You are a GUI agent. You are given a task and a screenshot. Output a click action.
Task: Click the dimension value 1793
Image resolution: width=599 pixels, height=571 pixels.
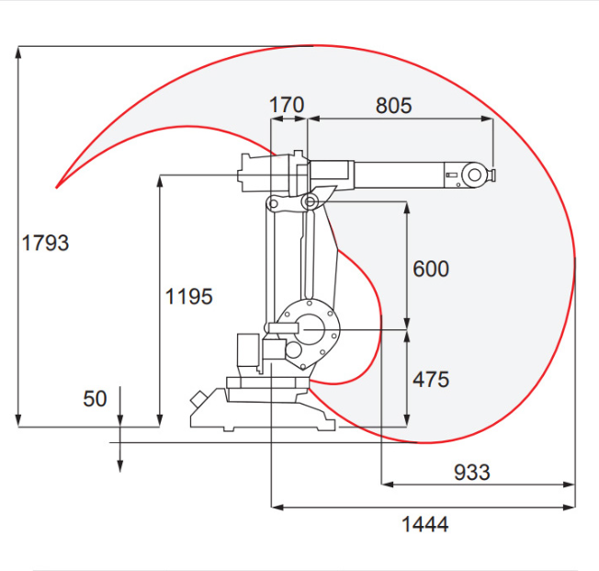click(45, 243)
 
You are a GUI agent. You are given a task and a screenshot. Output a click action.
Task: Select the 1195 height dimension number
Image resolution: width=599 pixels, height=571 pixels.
click(188, 297)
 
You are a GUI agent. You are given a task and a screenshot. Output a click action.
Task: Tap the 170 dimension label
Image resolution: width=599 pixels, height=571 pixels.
click(287, 105)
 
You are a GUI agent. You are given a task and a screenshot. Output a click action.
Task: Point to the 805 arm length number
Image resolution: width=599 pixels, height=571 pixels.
click(394, 106)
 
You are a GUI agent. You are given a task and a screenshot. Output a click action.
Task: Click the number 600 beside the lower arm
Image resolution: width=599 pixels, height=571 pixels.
click(431, 268)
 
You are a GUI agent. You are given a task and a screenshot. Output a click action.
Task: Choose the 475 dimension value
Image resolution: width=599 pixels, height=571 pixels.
click(431, 380)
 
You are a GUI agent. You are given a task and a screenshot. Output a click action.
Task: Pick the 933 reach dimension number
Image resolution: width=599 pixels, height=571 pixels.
click(472, 473)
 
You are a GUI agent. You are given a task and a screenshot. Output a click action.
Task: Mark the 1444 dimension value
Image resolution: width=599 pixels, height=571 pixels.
click(425, 524)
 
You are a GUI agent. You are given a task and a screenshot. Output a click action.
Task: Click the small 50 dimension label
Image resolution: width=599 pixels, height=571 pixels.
click(95, 399)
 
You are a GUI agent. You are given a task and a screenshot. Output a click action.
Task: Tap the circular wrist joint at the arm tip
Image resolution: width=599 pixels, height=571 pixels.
click(474, 176)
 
